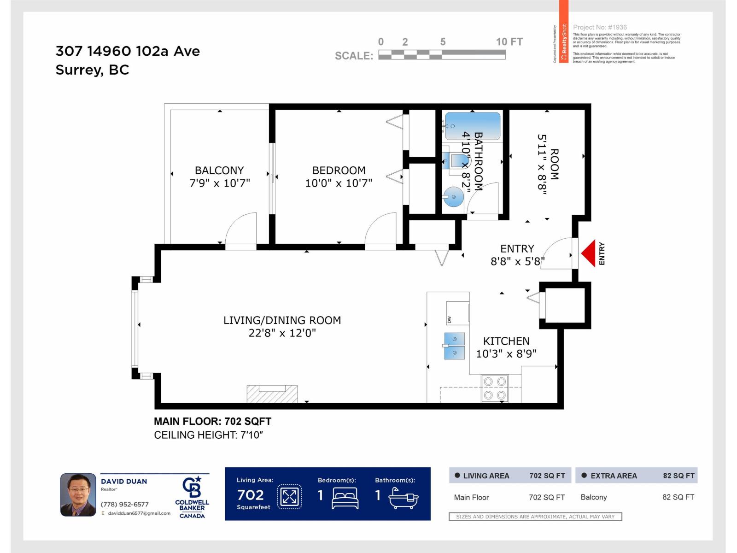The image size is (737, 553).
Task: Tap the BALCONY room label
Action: click(x=219, y=171)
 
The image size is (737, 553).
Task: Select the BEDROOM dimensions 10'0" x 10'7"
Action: click(x=339, y=183)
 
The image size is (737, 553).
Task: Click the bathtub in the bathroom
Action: click(x=472, y=126)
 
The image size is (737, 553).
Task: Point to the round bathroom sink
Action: click(x=454, y=197)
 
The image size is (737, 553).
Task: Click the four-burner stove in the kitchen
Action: click(x=495, y=388)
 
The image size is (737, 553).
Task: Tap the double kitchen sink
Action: click(x=454, y=346)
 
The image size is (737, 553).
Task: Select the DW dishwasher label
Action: click(x=449, y=320)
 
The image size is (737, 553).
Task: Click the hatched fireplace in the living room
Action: click(x=272, y=394)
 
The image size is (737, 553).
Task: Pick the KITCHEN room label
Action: click(x=506, y=341)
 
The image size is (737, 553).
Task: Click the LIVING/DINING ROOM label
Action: click(x=282, y=320)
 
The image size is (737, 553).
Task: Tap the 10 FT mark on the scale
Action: click(x=509, y=42)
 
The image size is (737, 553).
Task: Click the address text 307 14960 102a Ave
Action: click(x=128, y=51)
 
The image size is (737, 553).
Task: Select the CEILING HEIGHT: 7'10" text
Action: click(x=208, y=435)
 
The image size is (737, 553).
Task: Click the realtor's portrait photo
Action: click(x=78, y=494)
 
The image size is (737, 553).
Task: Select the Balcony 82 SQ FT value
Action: click(x=678, y=497)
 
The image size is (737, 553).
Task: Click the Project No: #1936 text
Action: click(x=600, y=27)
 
